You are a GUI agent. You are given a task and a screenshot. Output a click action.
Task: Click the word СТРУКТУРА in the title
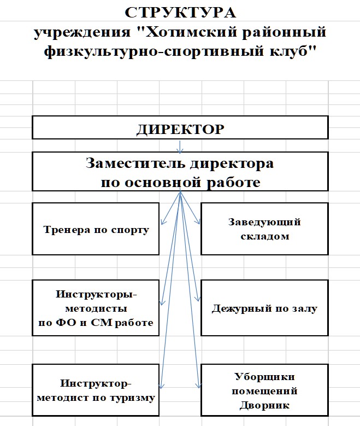(180, 13)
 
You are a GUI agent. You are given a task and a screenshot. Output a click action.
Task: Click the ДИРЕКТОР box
(180, 127)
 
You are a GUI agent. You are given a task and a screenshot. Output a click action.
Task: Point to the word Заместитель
(135, 163)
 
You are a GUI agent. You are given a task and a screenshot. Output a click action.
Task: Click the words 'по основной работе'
(180, 182)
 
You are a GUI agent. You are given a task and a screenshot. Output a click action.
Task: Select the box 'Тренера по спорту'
(96, 229)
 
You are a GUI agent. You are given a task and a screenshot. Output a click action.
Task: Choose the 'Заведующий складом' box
(265, 229)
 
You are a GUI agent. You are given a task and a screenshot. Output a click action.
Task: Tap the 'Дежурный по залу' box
(265, 308)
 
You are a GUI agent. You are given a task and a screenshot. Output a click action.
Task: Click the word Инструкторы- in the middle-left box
(96, 294)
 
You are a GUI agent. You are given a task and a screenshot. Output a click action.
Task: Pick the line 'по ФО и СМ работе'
(96, 323)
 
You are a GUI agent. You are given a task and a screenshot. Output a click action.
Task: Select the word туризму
(132, 398)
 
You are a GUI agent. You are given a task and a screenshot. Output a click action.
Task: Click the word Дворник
(264, 405)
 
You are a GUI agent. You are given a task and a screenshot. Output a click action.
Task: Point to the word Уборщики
(264, 377)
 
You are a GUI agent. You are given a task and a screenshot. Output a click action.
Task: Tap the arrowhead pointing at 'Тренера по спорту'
(163, 221)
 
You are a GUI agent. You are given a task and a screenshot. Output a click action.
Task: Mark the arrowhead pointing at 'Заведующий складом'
(198, 221)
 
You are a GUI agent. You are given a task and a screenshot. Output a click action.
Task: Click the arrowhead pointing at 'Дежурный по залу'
(198, 299)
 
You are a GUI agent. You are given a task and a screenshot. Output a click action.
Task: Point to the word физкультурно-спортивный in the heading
(154, 51)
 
